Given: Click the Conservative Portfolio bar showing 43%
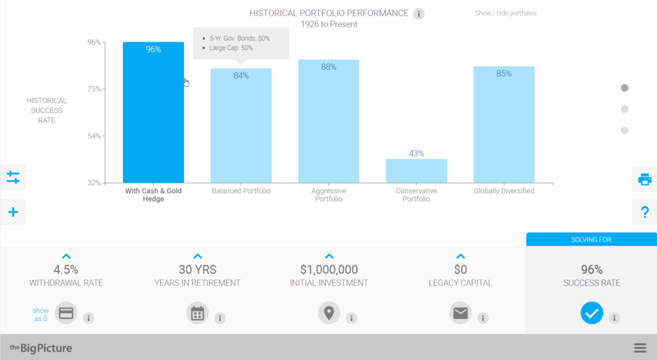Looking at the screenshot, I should click(x=416, y=171).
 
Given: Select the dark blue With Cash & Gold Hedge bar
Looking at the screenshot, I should click(x=153, y=116).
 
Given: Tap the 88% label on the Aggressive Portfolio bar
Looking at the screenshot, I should click(x=328, y=67).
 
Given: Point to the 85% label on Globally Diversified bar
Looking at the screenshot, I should click(x=504, y=74).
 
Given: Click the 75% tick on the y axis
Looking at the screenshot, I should click(x=94, y=89).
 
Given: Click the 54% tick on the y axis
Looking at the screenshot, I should click(x=94, y=136).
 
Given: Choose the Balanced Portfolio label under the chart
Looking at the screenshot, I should click(x=241, y=191).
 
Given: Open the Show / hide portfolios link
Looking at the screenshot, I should click(x=506, y=13).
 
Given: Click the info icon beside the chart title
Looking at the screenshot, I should click(x=419, y=13).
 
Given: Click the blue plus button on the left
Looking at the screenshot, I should click(x=13, y=212).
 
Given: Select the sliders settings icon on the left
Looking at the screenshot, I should click(x=13, y=176).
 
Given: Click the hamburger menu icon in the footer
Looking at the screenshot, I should click(x=640, y=348).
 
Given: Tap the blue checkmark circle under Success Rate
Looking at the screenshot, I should click(x=592, y=313).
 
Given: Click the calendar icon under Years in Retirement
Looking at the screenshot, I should click(x=198, y=313).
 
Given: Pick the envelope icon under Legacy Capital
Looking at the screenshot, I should click(x=460, y=313).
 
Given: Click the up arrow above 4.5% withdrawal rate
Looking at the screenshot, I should click(x=66, y=256).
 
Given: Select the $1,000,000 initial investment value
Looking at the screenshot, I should click(x=328, y=270).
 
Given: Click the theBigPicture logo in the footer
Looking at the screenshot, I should click(x=40, y=348).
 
